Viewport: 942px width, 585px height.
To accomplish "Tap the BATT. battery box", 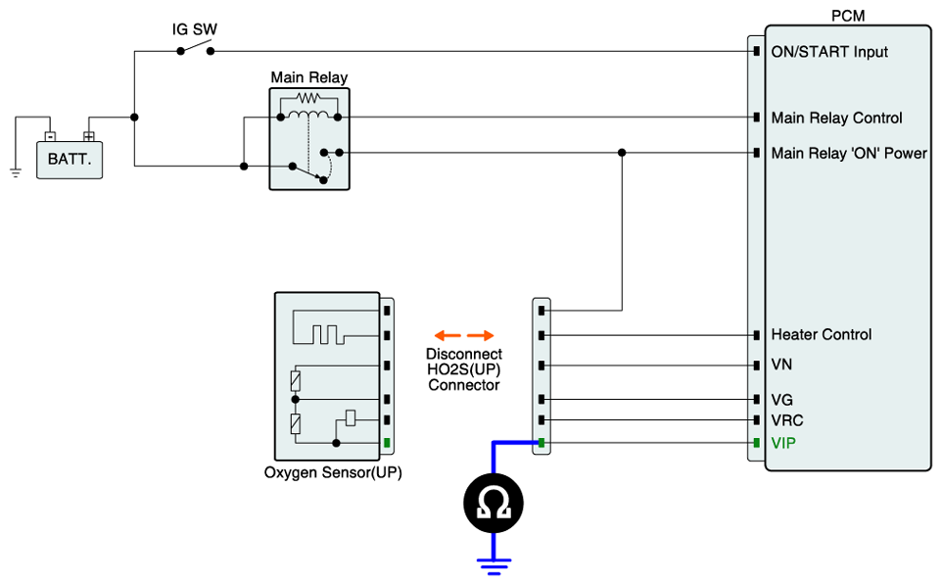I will click(69, 157).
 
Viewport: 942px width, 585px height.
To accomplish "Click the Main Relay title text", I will click(308, 77).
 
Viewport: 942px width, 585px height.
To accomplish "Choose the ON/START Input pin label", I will click(829, 51).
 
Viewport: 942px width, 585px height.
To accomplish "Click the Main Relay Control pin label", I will click(836, 118).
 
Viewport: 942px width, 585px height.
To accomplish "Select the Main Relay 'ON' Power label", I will click(848, 153).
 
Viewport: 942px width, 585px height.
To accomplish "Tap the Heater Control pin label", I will click(821, 334).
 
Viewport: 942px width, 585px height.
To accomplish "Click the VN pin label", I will click(781, 365).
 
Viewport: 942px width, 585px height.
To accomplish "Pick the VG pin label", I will click(781, 400).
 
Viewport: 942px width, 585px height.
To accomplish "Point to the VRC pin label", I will click(786, 419).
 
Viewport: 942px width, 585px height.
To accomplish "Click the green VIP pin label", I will click(783, 443).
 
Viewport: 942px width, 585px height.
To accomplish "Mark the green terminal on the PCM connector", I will click(756, 443).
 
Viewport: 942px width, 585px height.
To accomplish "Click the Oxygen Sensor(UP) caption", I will click(333, 472).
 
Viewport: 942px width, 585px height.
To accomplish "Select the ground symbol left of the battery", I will click(16, 172).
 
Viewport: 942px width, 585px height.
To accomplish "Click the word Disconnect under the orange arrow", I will click(464, 354).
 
